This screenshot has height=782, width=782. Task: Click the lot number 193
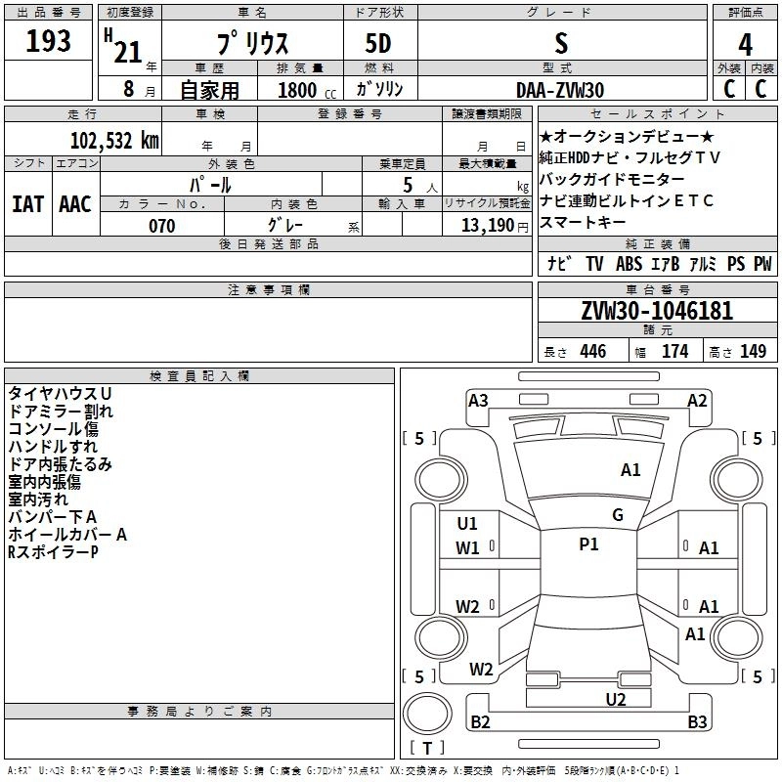(x=49, y=41)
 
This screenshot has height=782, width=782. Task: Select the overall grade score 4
(x=745, y=44)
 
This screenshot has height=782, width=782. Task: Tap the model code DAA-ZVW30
(x=560, y=88)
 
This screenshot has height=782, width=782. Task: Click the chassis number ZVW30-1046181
(x=657, y=312)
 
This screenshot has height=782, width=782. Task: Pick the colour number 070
(x=161, y=226)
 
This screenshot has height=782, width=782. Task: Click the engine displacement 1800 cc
(x=298, y=90)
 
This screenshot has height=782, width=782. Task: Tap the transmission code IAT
(x=27, y=203)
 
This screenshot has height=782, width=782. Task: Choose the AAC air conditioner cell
(x=75, y=203)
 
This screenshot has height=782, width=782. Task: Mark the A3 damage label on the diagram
(x=478, y=400)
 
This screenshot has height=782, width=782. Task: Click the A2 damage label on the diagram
(x=697, y=400)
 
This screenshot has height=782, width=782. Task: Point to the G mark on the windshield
(x=618, y=515)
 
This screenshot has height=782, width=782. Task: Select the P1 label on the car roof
(x=588, y=544)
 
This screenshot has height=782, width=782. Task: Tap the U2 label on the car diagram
(x=615, y=699)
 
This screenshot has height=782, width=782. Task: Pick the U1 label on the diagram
(x=467, y=523)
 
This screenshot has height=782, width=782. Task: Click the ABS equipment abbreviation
(x=630, y=264)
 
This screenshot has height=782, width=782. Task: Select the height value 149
(x=753, y=352)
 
